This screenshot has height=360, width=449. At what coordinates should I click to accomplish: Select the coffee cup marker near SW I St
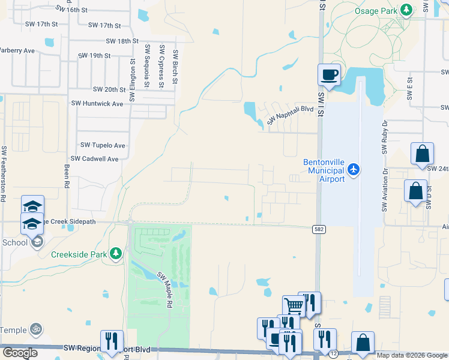(329, 75)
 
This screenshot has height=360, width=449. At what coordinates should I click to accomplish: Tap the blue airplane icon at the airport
(354, 170)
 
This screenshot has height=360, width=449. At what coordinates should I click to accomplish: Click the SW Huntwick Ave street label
(97, 103)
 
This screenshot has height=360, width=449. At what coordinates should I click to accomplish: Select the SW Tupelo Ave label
(103, 145)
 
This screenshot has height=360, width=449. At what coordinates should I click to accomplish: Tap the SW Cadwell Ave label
(95, 158)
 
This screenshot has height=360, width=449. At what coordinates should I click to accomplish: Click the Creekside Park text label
(79, 254)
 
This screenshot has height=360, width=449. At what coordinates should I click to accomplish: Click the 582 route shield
(319, 229)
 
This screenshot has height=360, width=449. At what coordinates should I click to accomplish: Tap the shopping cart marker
(294, 305)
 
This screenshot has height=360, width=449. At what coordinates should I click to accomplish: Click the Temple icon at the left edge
(35, 329)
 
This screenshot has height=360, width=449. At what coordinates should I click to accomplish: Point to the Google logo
(20, 353)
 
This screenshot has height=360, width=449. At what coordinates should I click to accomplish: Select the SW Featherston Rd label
(4, 174)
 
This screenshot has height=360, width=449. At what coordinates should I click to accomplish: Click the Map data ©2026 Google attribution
(412, 355)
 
